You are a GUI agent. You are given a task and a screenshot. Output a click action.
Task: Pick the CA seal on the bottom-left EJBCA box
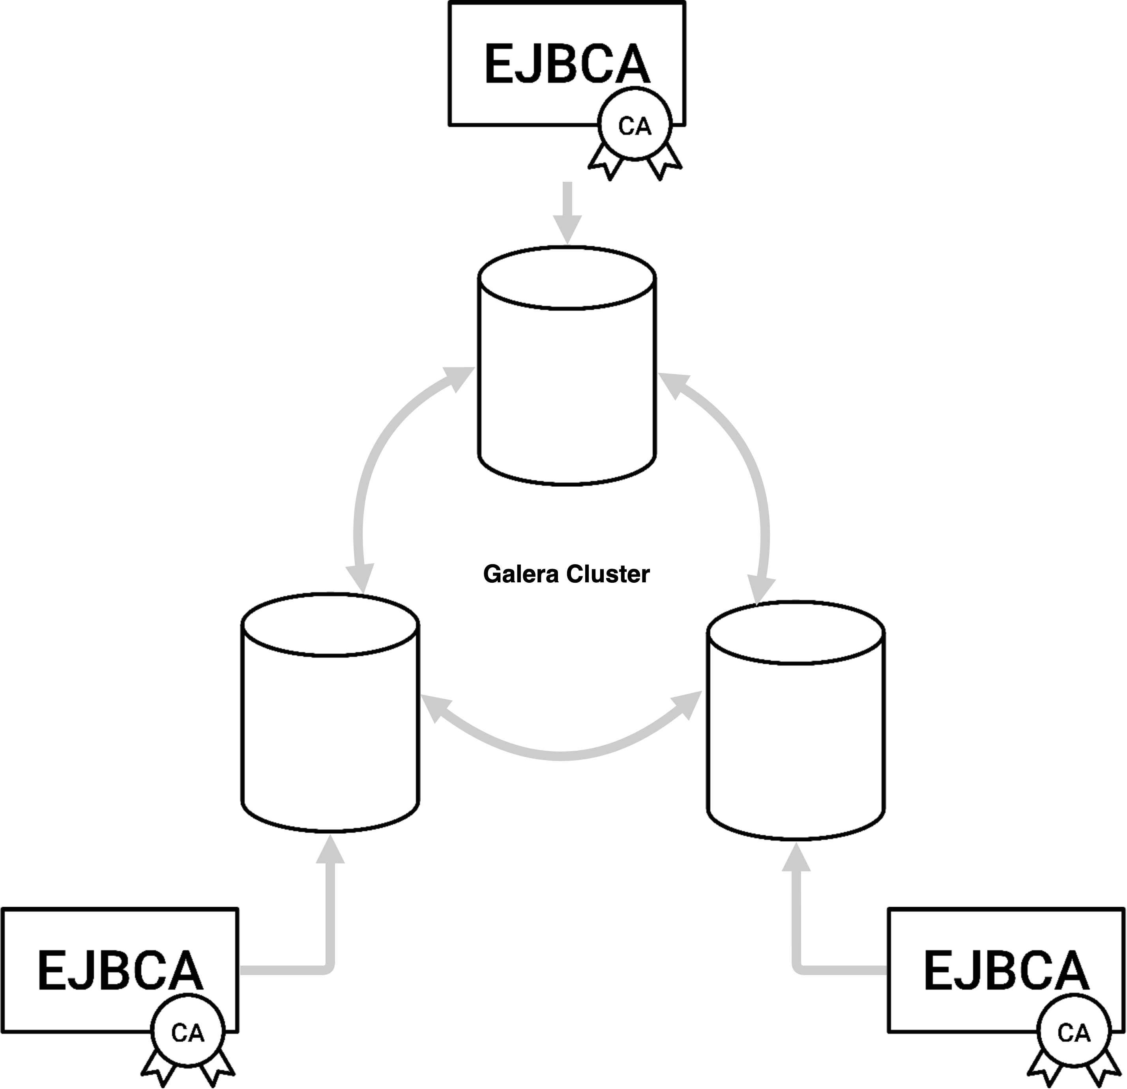pyautogui.click(x=187, y=1033)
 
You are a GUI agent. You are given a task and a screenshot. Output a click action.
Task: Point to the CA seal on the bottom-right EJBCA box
pyautogui.click(x=1073, y=1033)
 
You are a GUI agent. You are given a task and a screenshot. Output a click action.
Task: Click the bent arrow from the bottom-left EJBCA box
pyautogui.click(x=329, y=942)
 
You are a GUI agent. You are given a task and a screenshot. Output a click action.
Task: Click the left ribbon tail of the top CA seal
pyautogui.click(x=605, y=162)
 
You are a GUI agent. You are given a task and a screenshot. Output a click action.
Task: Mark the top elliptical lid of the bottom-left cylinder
pyautogui.click(x=330, y=625)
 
